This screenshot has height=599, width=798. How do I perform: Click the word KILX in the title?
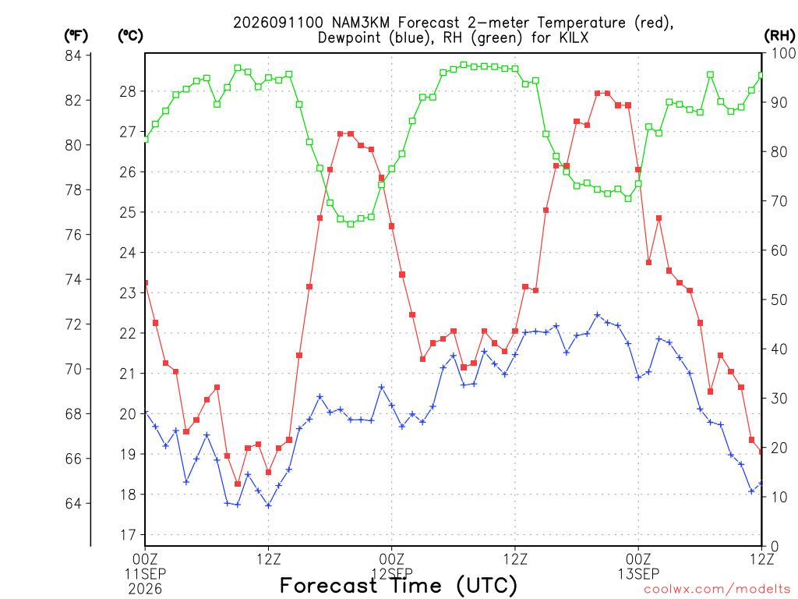[574, 37]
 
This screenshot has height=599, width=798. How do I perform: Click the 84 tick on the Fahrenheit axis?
[73, 55]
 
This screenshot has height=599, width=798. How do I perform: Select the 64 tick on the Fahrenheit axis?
[73, 503]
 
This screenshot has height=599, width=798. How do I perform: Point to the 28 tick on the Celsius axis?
[128, 91]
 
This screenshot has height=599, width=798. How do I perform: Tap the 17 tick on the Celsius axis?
[128, 535]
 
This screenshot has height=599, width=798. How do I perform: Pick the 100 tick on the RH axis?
[783, 53]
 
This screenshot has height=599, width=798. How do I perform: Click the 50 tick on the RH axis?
[779, 299]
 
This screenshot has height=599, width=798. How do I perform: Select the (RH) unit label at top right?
[779, 35]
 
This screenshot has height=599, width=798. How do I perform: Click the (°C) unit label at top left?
[130, 35]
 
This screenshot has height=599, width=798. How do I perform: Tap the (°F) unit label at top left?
[76, 35]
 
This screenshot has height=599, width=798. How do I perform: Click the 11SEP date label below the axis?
[145, 574]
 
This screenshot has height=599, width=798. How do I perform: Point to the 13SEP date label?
[638, 574]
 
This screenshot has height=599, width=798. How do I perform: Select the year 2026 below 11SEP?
[145, 590]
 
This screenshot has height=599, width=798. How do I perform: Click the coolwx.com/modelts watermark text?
[717, 590]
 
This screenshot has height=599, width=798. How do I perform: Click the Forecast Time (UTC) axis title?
[398, 585]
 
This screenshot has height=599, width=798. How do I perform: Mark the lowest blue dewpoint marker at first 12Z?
[268, 505]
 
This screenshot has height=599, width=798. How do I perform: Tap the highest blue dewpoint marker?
[598, 315]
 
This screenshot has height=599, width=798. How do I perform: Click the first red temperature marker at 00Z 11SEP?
[146, 282]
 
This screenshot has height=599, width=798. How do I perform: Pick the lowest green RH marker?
[351, 224]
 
